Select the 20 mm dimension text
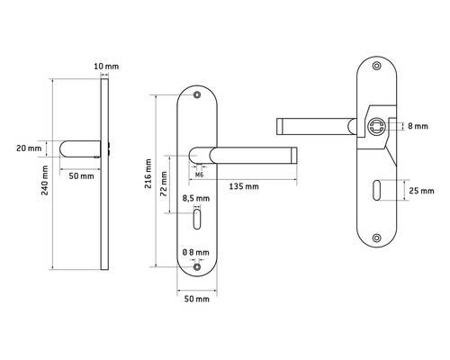[x=30, y=148]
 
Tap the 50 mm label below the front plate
[x=196, y=298]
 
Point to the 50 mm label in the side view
[x=81, y=175]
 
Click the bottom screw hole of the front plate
[x=197, y=265]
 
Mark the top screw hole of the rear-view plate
[x=376, y=69]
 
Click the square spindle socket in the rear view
[x=378, y=127]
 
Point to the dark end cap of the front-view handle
[x=292, y=155]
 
